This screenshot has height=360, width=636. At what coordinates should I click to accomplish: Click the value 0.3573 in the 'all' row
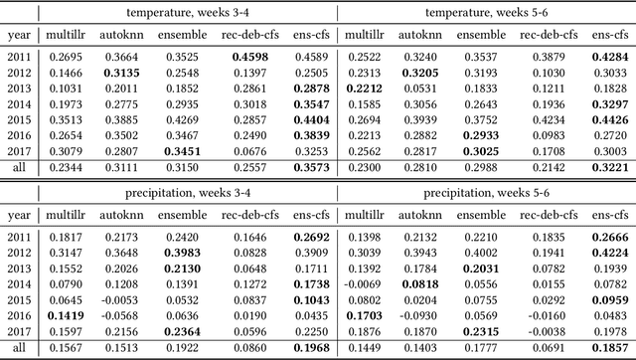(310, 169)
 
